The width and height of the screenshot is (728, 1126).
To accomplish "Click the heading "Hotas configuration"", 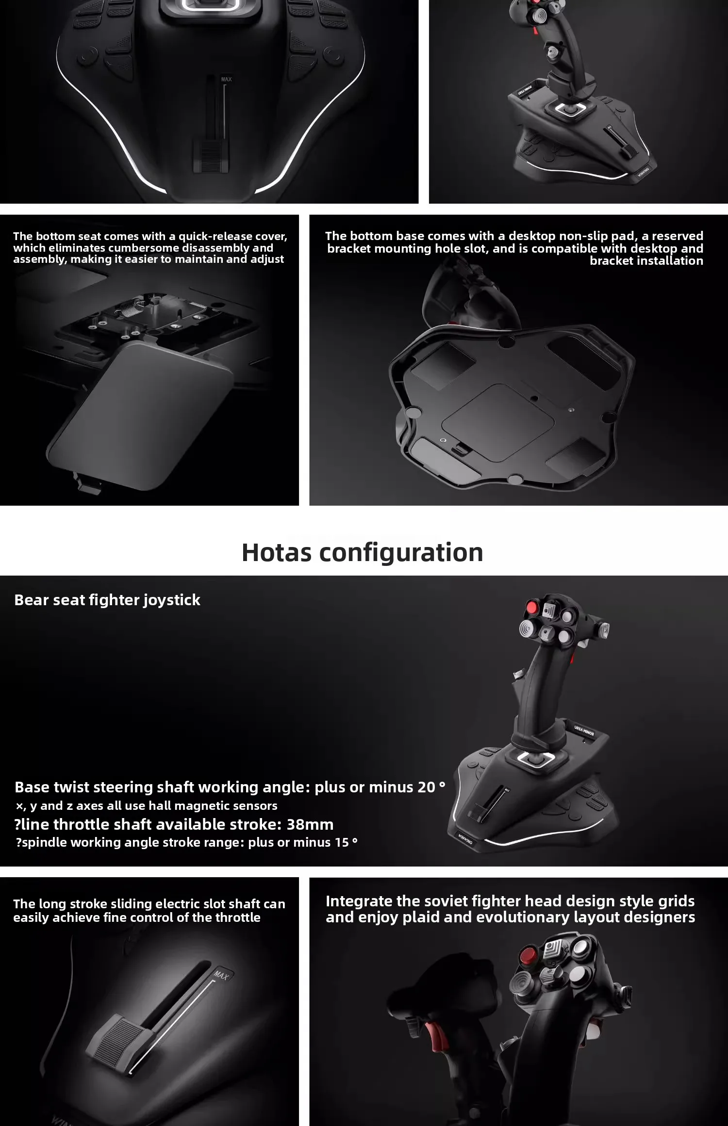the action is [363, 552].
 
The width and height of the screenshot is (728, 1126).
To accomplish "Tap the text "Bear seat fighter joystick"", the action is [107, 600].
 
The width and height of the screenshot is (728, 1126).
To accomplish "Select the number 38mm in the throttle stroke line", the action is [310, 824].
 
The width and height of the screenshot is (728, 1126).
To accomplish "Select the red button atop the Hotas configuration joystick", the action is [531, 608].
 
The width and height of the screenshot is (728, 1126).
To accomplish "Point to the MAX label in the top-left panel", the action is [226, 80].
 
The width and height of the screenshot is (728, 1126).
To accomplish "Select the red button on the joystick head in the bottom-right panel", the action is [528, 956].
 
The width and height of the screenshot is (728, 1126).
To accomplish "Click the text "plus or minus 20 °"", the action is [380, 787].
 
